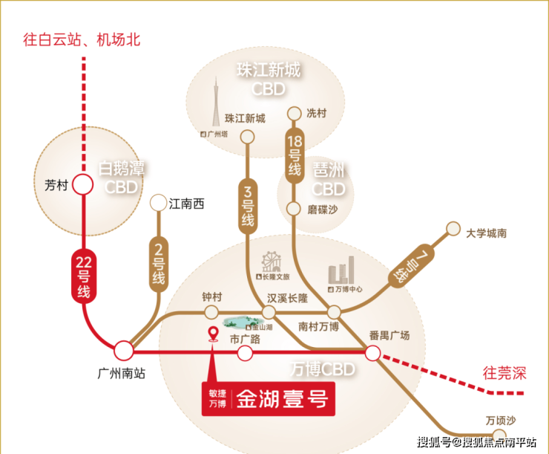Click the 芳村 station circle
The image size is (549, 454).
pos(83,185)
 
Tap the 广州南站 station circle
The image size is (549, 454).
pos(124,351)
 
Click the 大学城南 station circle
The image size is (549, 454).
pos(453,230)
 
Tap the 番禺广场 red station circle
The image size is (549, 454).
pos(373,353)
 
